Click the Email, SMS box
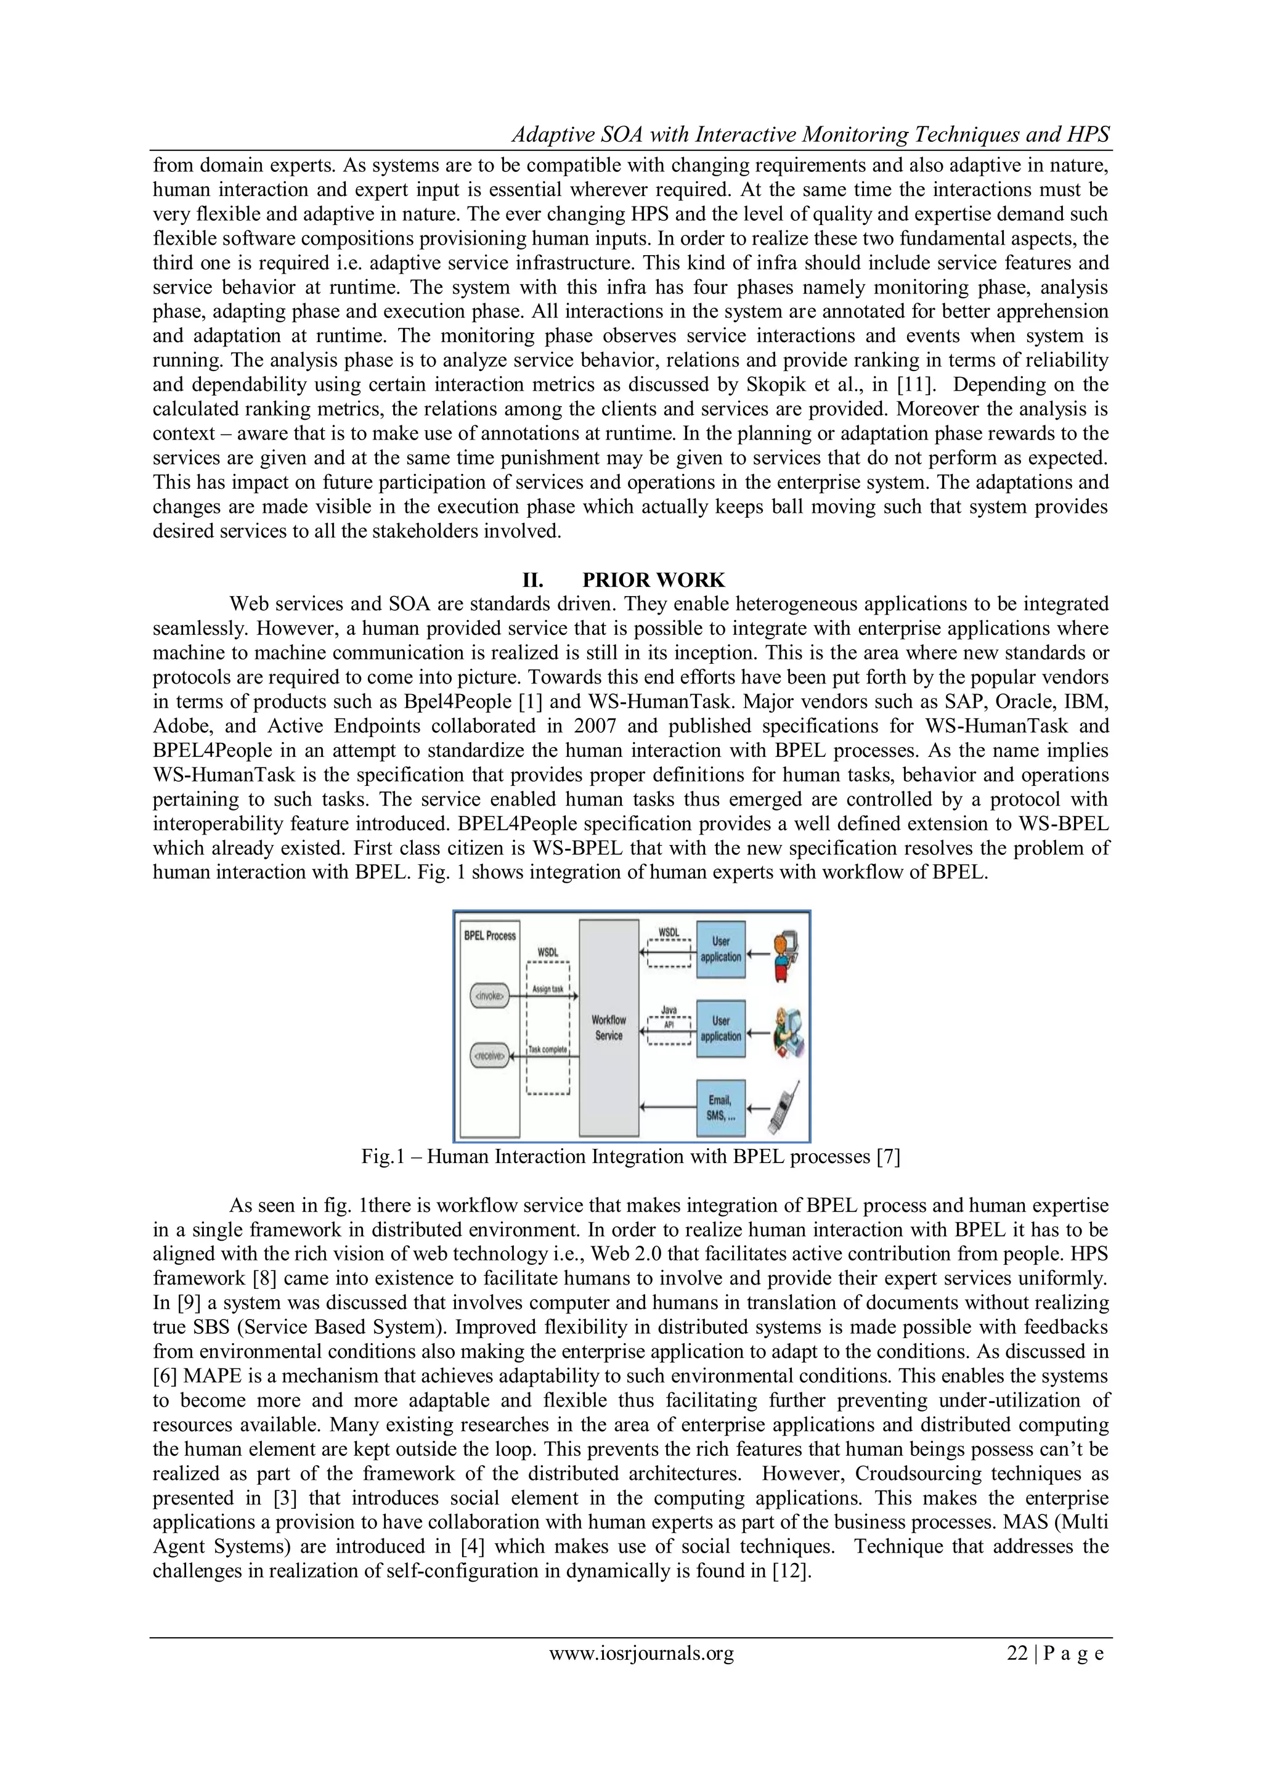tap(720, 1107)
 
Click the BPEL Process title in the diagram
tap(489, 935)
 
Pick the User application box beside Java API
tap(720, 1027)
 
